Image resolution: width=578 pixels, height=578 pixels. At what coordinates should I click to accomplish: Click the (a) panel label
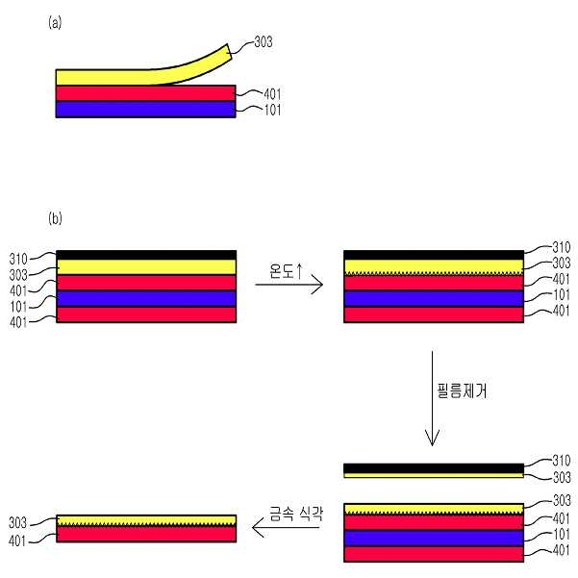point(55,23)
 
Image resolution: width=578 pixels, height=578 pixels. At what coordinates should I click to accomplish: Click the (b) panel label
point(55,218)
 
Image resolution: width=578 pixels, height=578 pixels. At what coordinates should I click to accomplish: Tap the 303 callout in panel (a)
point(264,41)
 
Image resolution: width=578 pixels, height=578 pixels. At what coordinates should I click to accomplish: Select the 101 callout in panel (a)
point(272,110)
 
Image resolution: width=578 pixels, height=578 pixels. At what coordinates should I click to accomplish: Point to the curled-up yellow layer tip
point(229,51)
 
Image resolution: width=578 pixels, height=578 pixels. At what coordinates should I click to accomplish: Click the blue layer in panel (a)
point(145,109)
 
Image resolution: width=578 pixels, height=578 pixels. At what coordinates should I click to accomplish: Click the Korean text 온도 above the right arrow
point(282,271)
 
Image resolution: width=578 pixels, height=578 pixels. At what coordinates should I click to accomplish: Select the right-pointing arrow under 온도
point(289,285)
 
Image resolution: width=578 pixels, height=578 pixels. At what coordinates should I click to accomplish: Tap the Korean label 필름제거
point(462,390)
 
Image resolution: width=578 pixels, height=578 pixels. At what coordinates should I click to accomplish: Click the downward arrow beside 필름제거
point(432,398)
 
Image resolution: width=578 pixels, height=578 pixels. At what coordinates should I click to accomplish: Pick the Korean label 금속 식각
point(296,513)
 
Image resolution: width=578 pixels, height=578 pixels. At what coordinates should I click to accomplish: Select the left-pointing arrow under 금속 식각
point(286,527)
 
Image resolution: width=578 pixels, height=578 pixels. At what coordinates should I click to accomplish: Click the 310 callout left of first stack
point(18,259)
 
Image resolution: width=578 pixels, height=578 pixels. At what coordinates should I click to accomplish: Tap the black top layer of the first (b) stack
point(146,255)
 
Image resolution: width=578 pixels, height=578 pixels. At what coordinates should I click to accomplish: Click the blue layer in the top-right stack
point(434,298)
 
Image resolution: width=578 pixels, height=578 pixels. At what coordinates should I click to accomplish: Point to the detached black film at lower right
point(434,468)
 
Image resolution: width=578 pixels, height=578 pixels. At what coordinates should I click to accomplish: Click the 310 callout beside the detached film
point(562,461)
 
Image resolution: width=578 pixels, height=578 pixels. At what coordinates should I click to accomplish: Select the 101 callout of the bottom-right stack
point(562,534)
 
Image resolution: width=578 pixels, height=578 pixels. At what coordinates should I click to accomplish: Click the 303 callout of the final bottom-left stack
point(17,523)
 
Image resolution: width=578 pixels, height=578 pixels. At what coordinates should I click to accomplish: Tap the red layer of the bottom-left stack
point(146,534)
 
